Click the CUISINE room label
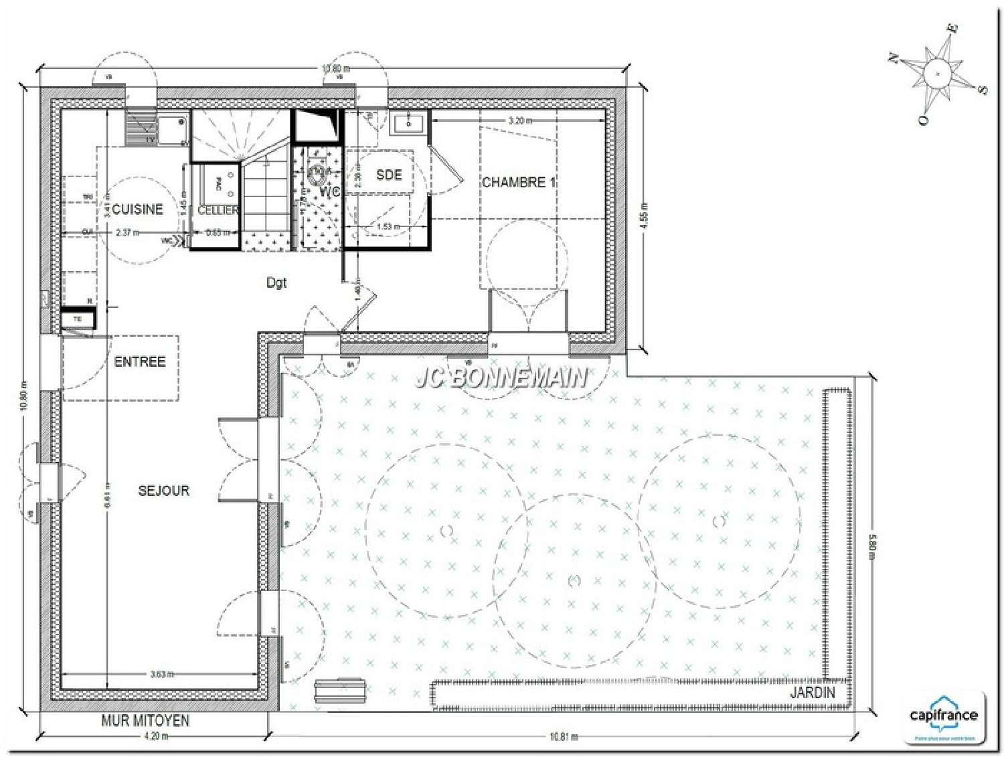click(137, 209)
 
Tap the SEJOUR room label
click(164, 491)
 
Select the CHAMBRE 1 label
click(519, 182)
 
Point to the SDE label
click(389, 175)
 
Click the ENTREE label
click(139, 362)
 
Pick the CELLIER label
click(218, 210)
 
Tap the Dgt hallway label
click(276, 282)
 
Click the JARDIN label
click(813, 693)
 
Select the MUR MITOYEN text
click(145, 721)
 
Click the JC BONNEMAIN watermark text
click(501, 379)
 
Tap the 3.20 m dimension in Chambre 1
click(520, 121)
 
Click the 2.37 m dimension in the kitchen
click(127, 233)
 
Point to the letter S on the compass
click(982, 90)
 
